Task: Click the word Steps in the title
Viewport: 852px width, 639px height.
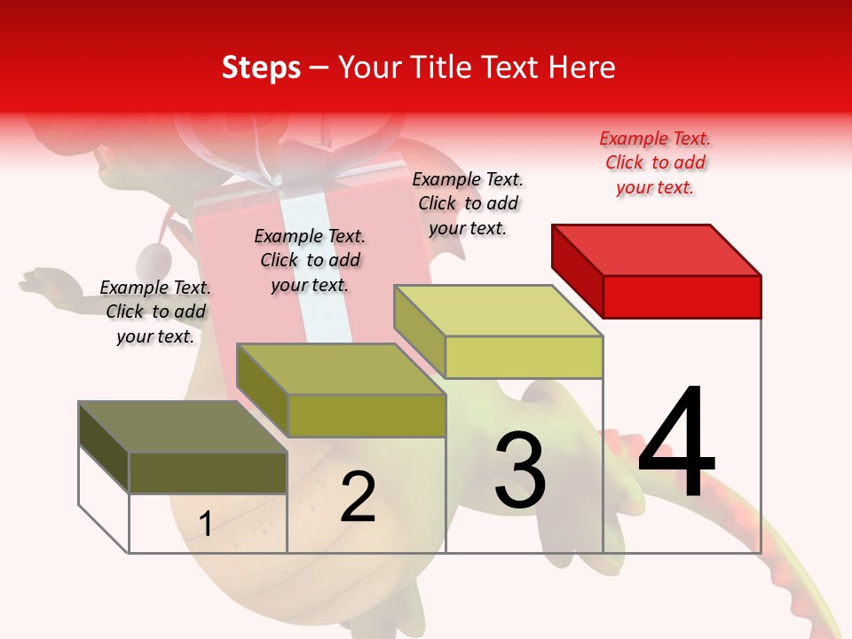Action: [x=261, y=67]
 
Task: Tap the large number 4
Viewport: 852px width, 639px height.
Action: [x=676, y=443]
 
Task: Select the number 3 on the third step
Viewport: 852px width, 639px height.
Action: [x=520, y=471]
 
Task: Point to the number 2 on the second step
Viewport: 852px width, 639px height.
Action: [x=358, y=497]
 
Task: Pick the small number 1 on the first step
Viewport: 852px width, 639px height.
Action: [x=206, y=524]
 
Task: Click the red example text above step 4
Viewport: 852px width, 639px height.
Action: [x=655, y=162]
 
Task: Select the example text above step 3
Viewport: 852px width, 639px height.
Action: [x=468, y=203]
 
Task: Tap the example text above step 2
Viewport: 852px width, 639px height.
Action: [x=310, y=260]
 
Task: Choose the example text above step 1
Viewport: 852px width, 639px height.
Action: [x=155, y=312]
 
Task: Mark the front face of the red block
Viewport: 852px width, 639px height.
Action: [x=682, y=296]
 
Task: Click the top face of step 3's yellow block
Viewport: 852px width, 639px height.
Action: [x=499, y=311]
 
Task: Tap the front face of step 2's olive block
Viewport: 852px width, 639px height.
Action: [x=367, y=415]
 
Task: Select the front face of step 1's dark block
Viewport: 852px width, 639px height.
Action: [x=208, y=473]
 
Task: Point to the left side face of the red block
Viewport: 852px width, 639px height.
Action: [x=577, y=270]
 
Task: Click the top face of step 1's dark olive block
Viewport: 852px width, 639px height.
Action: [x=182, y=427]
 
